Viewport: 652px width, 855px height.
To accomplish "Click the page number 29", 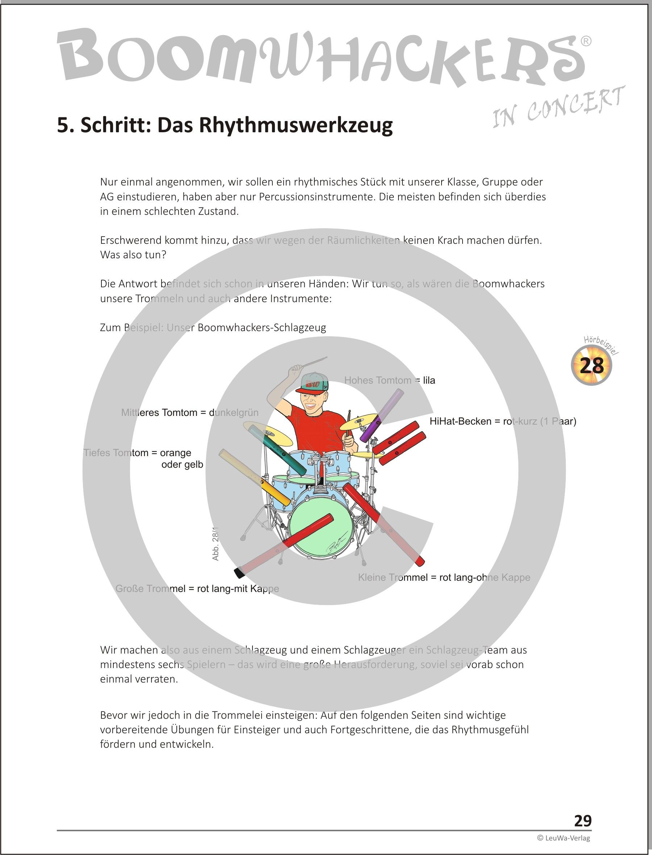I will (x=582, y=821).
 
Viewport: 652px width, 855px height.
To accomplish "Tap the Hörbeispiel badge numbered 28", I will (x=592, y=366).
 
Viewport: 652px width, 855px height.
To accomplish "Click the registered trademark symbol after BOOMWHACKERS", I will (x=586, y=41).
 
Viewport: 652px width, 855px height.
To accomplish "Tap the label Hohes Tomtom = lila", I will (x=389, y=380).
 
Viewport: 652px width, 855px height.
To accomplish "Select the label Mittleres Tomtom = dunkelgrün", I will (x=189, y=413).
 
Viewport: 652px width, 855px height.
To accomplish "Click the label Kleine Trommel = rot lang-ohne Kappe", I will (x=444, y=577).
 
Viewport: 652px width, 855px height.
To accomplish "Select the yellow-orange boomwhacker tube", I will (x=255, y=478).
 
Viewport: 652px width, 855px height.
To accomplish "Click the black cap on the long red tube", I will (x=238, y=572).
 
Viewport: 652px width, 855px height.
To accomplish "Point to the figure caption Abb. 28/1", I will (x=216, y=543).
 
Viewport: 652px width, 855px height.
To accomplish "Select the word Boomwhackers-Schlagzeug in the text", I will (x=262, y=328).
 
